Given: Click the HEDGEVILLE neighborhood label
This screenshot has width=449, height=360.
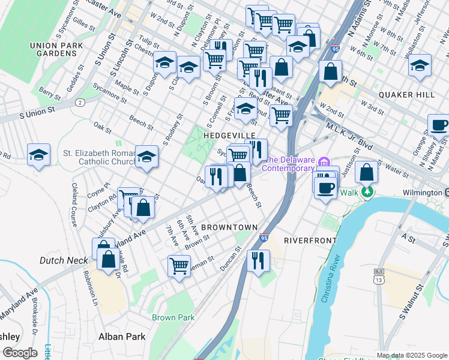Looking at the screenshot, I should [x=229, y=136].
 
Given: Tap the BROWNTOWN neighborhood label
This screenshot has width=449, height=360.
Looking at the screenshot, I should [x=229, y=227].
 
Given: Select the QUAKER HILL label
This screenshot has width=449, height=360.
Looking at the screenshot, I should [x=406, y=95].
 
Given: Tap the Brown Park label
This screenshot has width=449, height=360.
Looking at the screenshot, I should [x=173, y=317].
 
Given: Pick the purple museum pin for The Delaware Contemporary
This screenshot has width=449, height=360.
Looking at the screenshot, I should [x=325, y=161].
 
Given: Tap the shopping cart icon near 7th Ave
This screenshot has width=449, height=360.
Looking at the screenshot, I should [x=179, y=265].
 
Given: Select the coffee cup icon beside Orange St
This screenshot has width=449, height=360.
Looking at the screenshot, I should [x=438, y=125].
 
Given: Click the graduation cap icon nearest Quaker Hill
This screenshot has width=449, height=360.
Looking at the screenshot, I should [x=420, y=65].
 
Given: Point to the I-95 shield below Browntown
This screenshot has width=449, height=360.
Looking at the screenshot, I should [x=264, y=239].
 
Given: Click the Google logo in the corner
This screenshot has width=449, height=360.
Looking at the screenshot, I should [x=20, y=353].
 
